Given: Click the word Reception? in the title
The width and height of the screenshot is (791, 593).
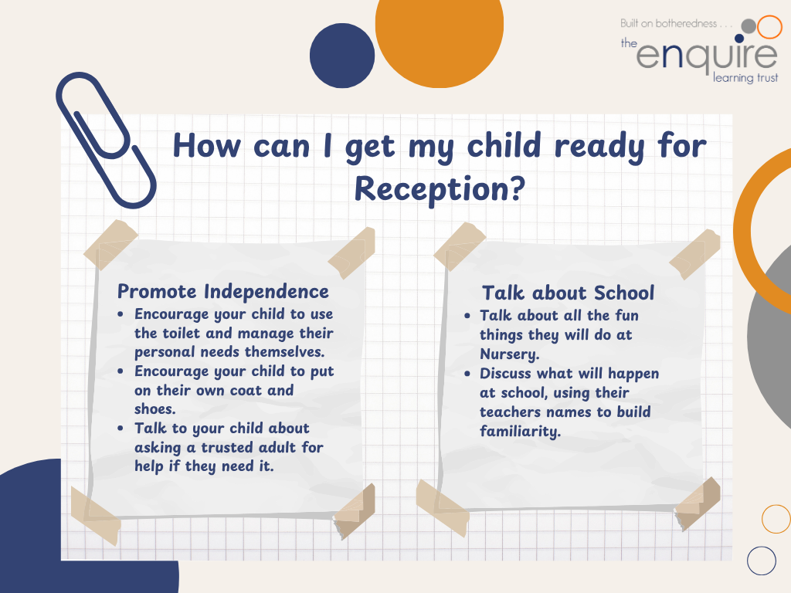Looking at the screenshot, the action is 440,190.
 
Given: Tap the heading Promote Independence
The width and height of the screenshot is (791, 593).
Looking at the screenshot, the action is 223,291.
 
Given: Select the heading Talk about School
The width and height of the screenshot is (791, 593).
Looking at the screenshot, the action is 568,293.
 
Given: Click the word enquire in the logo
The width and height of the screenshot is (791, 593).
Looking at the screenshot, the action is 707,55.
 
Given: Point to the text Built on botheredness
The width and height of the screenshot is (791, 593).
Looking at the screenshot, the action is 668,23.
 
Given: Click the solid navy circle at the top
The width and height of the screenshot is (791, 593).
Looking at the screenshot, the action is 342,56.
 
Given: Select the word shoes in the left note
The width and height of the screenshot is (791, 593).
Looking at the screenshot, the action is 154,409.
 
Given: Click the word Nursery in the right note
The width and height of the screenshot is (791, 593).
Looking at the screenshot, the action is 509,354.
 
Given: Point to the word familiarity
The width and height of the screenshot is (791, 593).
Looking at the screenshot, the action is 520,431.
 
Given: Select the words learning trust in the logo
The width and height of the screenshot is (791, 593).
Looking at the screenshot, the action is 745,78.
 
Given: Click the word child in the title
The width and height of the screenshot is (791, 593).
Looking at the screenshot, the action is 504,145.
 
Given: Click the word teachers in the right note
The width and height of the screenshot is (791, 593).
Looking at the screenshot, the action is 510,412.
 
